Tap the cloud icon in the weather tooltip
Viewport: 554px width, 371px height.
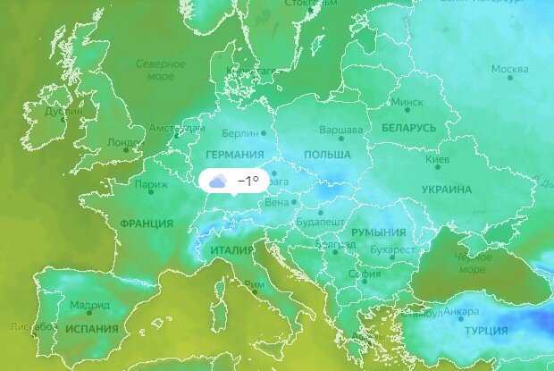tap(217, 181)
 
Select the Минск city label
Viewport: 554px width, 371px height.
tap(407, 102)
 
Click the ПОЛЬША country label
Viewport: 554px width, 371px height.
tap(327, 155)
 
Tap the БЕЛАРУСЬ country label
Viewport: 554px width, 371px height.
tap(408, 128)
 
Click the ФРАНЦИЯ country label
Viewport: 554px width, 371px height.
tap(146, 223)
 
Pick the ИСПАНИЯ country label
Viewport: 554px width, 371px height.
tap(91, 328)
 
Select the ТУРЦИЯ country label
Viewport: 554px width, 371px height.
tap(486, 331)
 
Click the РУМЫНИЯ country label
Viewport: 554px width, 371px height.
tap(378, 232)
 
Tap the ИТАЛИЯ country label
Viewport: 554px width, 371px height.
tap(232, 250)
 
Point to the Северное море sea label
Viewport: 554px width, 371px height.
tap(161, 71)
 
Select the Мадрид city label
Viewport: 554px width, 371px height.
tap(90, 306)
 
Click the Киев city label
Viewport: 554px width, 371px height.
tap(437, 159)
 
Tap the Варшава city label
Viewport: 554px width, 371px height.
tap(340, 131)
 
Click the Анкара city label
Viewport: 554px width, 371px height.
tap(461, 311)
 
